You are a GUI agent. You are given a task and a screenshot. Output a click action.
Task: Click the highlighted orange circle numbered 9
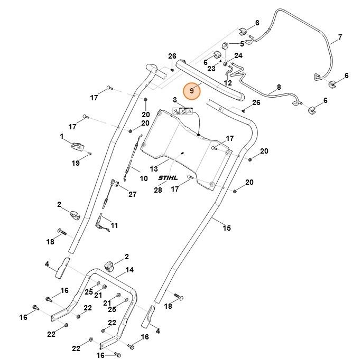point(192,90)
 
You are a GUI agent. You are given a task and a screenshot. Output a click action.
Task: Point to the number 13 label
point(154,169)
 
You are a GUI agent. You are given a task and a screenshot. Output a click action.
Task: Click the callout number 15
point(226,229)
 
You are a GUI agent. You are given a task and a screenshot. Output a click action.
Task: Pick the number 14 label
point(129,270)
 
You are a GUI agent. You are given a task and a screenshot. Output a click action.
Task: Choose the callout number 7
point(340,37)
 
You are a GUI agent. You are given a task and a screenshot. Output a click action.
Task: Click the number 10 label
point(143,179)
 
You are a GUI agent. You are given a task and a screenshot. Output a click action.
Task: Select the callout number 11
point(114,225)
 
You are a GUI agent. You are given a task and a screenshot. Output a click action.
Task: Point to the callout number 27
point(132,194)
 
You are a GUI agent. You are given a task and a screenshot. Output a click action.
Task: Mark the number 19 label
point(76,163)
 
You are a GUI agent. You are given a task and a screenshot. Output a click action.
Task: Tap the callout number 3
point(174,100)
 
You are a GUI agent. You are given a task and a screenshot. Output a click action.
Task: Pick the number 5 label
point(242,44)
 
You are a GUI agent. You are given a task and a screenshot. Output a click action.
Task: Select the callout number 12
point(228,83)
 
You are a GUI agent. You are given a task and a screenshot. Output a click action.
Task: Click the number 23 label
point(211,69)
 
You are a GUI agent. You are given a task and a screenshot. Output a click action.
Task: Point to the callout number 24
point(238,55)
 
